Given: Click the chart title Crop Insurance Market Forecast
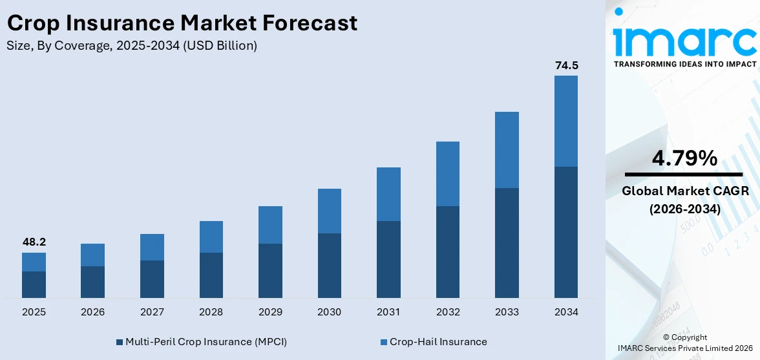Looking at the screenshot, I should pos(182,23).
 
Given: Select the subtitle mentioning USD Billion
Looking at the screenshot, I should pos(132,46).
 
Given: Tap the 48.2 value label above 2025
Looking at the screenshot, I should pos(34,242).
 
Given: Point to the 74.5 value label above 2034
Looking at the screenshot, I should pos(566,65).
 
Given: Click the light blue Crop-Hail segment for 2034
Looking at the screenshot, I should pos(566,121).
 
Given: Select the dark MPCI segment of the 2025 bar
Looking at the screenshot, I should pos(34,284).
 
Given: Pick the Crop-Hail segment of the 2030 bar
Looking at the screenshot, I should pos(330,211).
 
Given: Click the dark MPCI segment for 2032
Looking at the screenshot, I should pos(448,252).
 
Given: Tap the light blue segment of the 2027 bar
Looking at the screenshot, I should pos(152,247).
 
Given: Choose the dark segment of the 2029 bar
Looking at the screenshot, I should pos(270,271).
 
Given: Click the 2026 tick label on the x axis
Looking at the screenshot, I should pos(93,312).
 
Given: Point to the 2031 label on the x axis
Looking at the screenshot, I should pos(388,312).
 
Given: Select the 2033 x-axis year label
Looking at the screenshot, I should pos(507,312).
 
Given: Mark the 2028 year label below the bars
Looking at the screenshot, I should pos(211,312).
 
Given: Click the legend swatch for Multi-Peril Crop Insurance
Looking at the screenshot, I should pos(119,342).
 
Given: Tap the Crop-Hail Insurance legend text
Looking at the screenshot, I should pos(438,342).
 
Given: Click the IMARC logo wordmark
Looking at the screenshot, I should pos(684,40).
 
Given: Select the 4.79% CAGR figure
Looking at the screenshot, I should pos(684,158).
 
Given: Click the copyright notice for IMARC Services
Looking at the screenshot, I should pos(684,343).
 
